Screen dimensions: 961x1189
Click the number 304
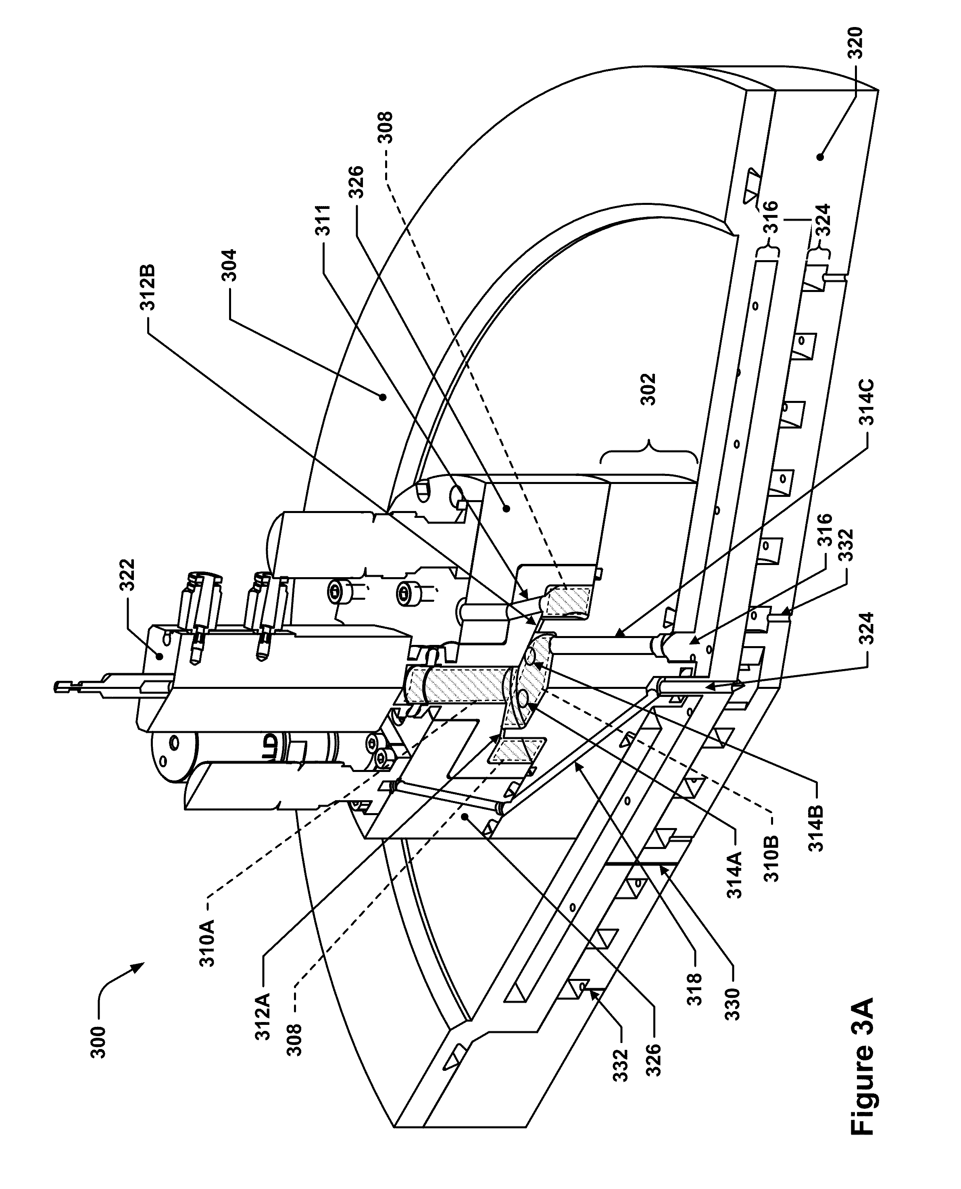coord(229,266)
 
